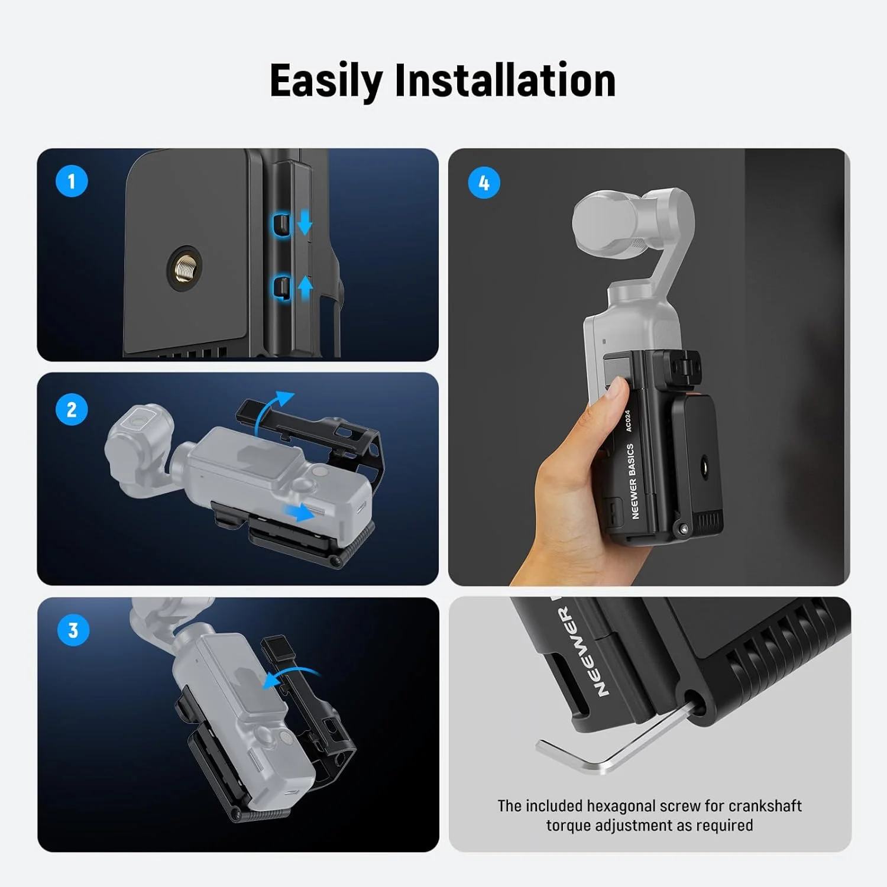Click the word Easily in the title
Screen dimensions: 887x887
tap(326, 81)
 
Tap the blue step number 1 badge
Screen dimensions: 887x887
tap(72, 181)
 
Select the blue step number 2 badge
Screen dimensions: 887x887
tap(72, 409)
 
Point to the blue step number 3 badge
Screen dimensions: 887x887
tap(73, 630)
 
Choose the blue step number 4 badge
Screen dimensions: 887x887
tap(484, 183)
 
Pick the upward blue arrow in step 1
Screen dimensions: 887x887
tap(305, 287)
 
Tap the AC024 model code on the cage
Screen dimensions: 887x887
tap(627, 420)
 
